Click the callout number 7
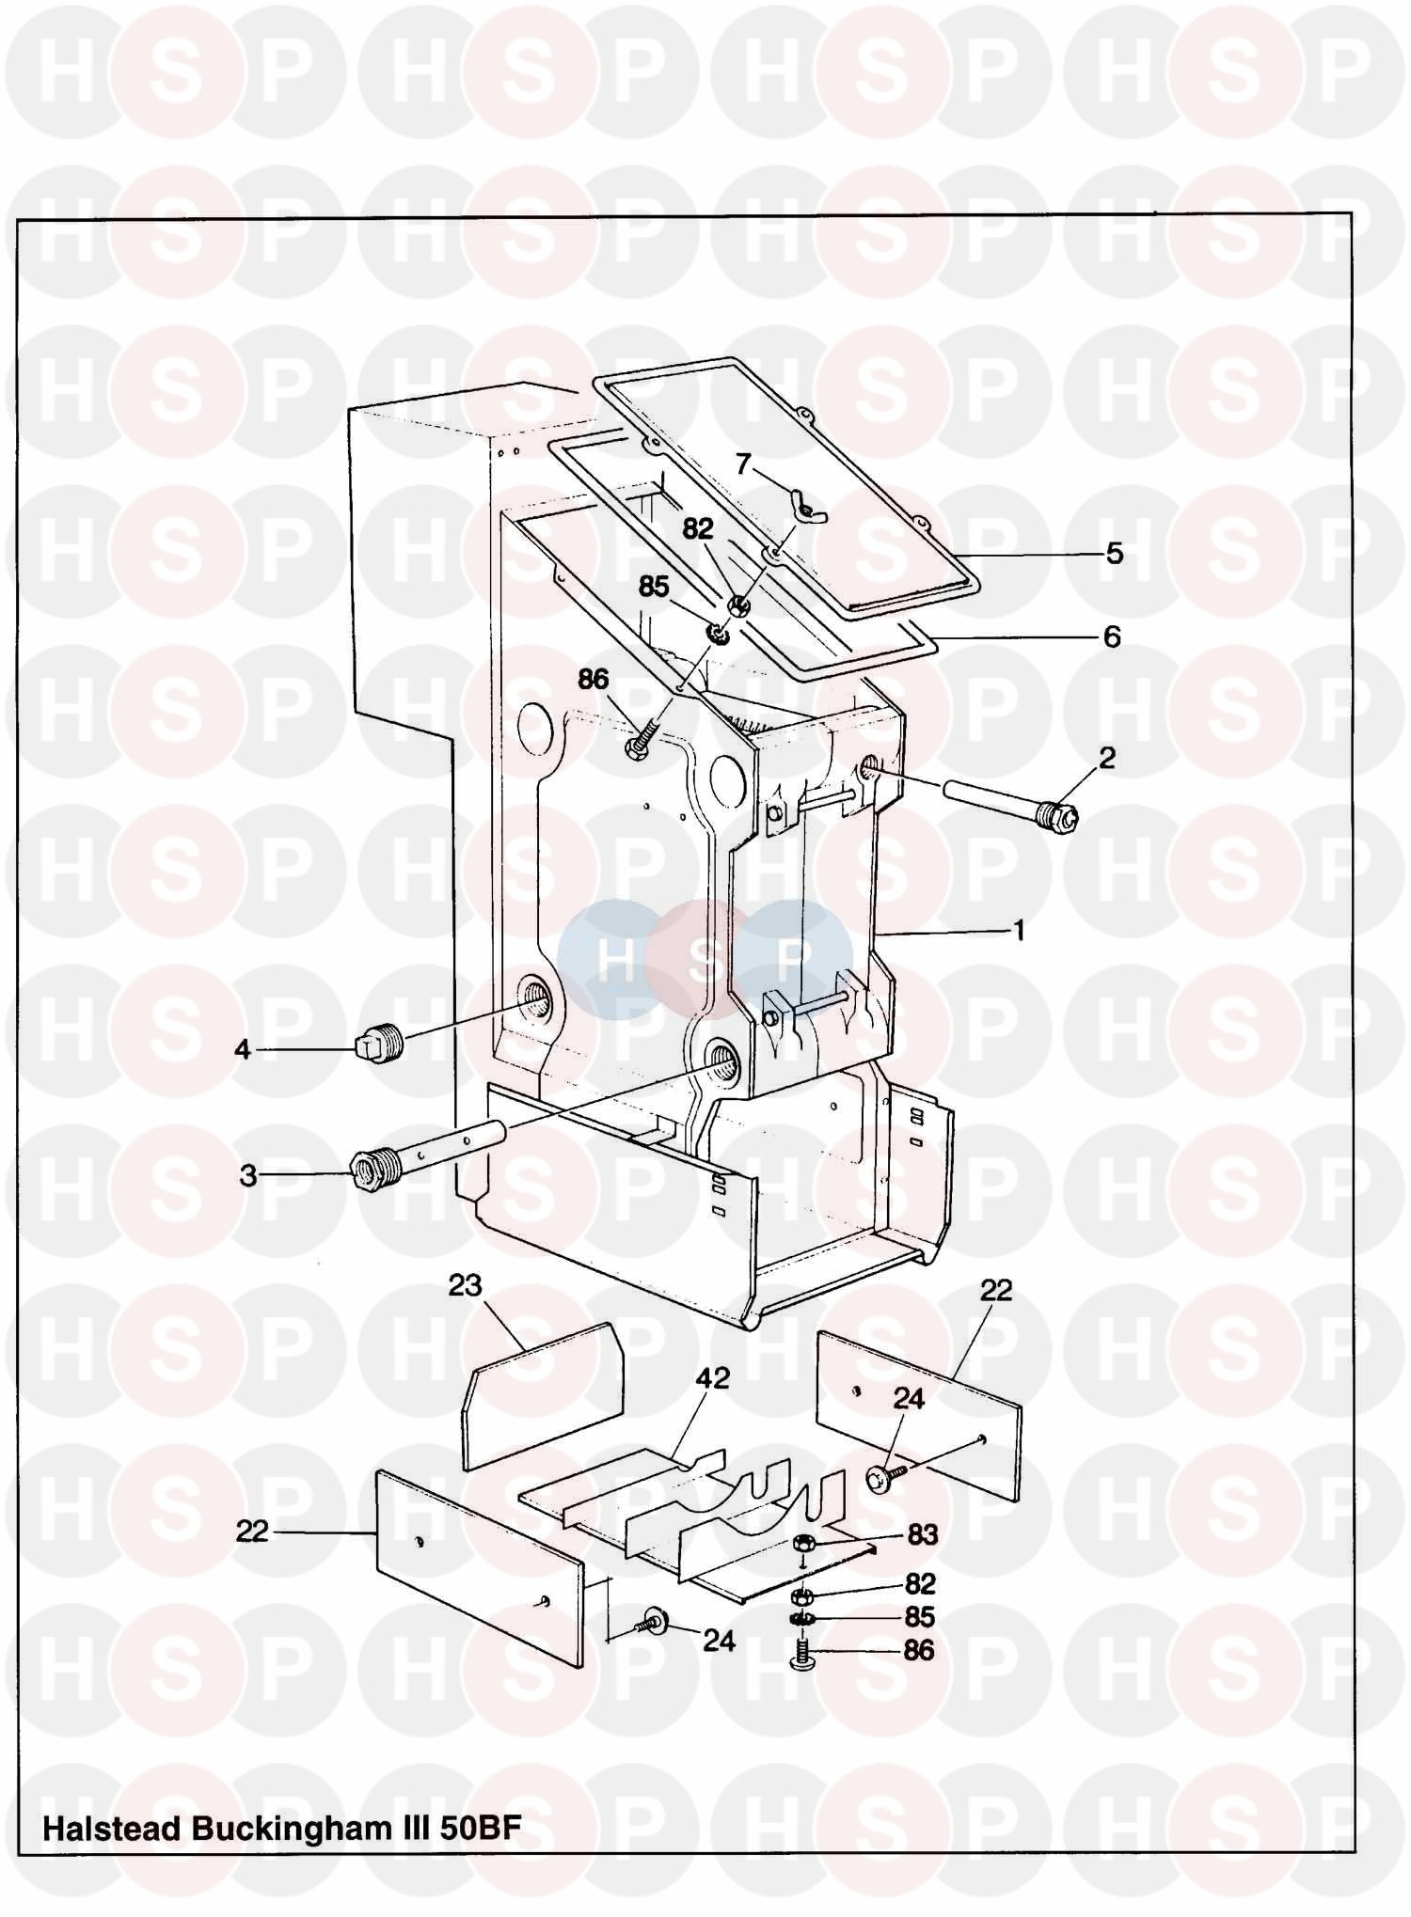pos(743,464)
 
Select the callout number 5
pos(1114,553)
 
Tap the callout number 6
pos(1112,636)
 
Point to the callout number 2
pos(1106,758)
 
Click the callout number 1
pos(1018,930)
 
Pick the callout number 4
pos(243,1048)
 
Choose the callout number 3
pos(247,1175)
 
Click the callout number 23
pos(465,1285)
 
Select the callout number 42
pos(712,1378)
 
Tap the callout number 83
pos(922,1534)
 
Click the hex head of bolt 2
pos(1061,814)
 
